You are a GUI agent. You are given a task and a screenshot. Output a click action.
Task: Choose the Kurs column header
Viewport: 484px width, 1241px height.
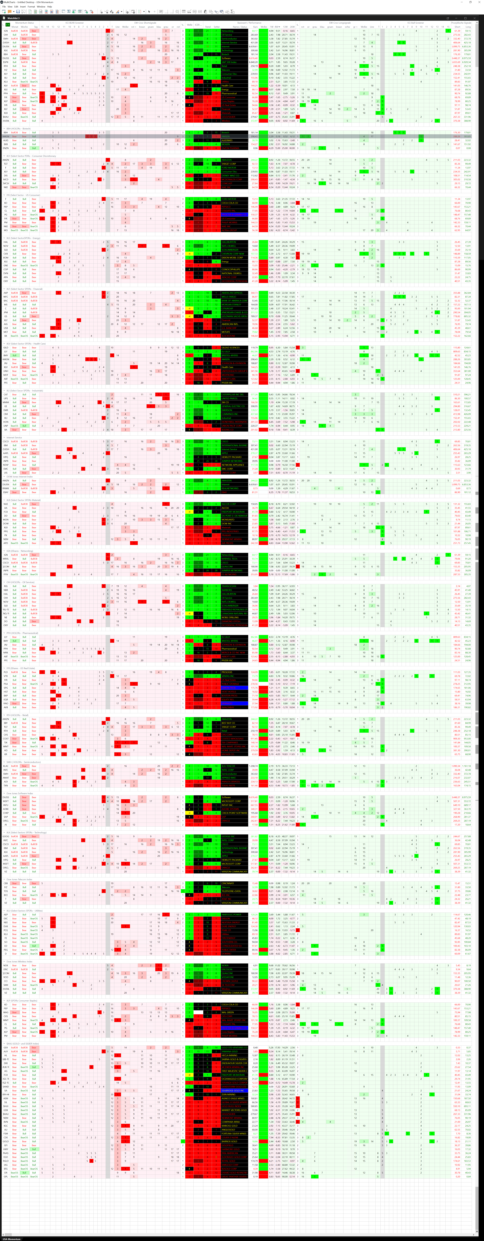click(x=255, y=26)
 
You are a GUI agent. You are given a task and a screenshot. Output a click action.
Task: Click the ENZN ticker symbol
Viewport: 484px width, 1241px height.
click(x=6, y=148)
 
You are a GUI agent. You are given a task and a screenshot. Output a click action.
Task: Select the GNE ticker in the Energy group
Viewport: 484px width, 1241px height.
click(x=6, y=265)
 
